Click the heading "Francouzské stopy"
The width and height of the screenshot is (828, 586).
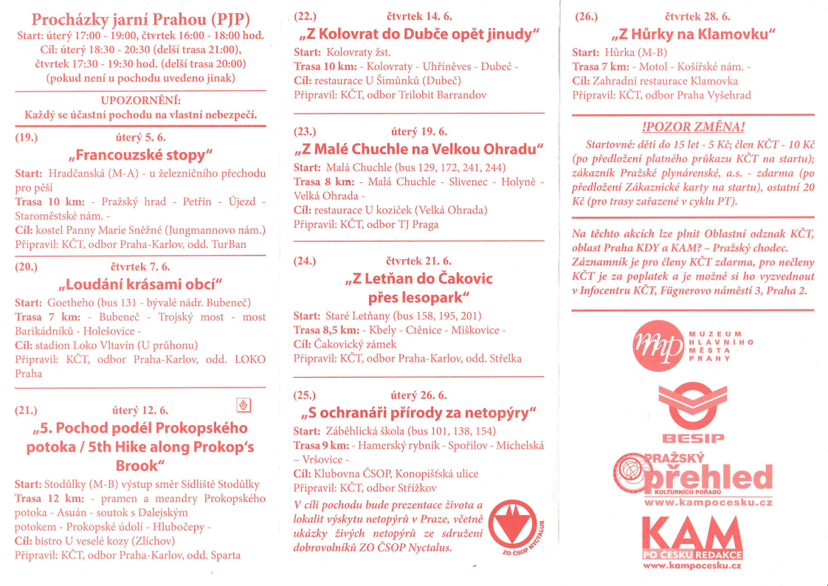(x=140, y=155)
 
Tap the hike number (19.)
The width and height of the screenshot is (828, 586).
(x=27, y=137)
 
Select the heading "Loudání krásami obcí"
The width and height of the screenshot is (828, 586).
(x=140, y=285)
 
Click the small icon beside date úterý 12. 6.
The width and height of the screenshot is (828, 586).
(x=244, y=404)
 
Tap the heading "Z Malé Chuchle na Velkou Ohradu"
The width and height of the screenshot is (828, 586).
(x=418, y=148)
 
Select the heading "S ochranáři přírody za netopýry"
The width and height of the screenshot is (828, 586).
(x=418, y=412)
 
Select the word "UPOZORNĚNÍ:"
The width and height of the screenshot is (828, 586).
(x=140, y=100)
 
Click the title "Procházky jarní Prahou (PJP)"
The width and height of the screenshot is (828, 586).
(x=140, y=18)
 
